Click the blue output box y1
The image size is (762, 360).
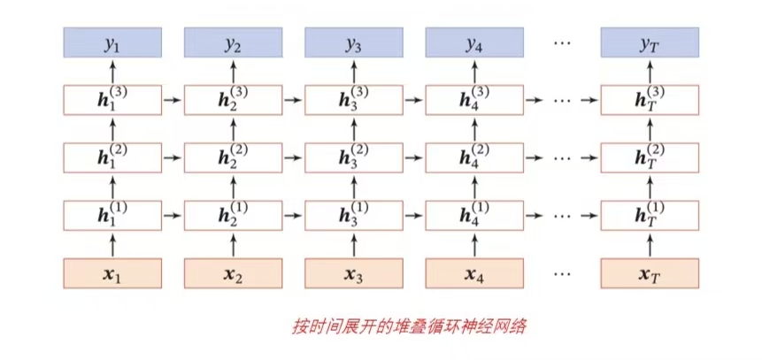(x=112, y=42)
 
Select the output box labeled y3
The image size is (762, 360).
(x=354, y=42)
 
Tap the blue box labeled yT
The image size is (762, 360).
(x=650, y=42)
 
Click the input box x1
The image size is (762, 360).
(x=112, y=273)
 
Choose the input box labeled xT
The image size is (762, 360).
(x=650, y=273)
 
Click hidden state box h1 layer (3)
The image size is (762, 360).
(x=112, y=100)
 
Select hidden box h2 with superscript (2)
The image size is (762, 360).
(x=234, y=157)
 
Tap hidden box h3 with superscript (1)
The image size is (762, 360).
(x=354, y=215)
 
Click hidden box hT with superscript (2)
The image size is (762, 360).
(x=650, y=157)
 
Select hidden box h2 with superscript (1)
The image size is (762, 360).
(x=234, y=215)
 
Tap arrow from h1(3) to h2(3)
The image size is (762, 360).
(x=173, y=100)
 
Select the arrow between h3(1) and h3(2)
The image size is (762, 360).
(x=354, y=187)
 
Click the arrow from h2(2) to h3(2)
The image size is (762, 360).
(x=294, y=157)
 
